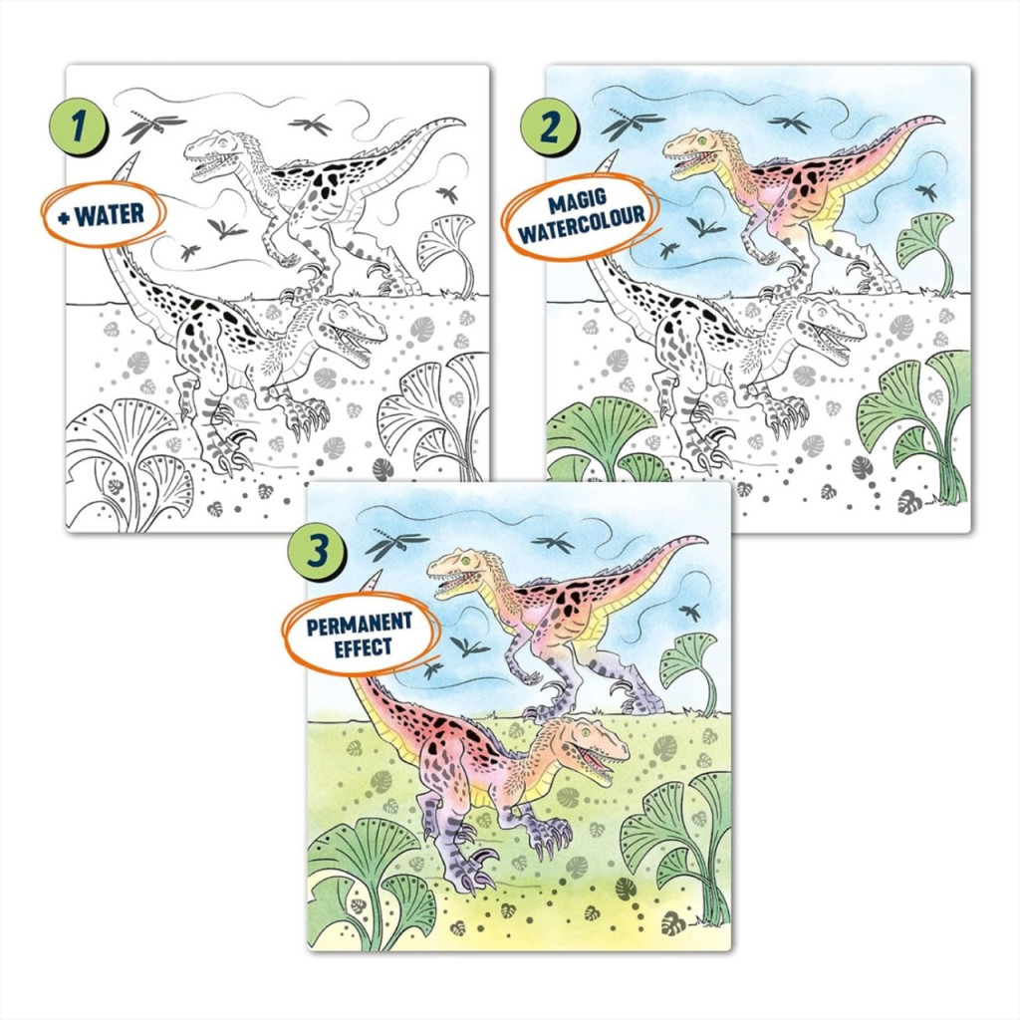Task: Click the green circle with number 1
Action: click(78, 127)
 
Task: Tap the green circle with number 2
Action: click(549, 127)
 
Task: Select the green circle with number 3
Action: click(317, 552)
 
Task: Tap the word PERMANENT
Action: click(359, 624)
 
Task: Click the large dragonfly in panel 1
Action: click(152, 126)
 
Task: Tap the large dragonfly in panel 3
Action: click(395, 544)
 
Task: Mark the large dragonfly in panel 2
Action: click(632, 126)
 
